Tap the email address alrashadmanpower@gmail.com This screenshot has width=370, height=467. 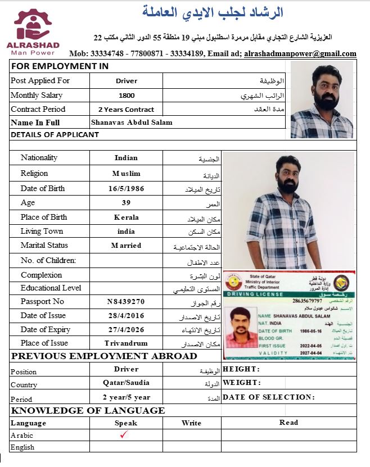coord(300,54)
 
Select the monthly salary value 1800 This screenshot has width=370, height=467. coord(127,96)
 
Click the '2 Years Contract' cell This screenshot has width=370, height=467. coord(126,110)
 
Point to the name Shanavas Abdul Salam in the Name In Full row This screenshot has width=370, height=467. coord(132,123)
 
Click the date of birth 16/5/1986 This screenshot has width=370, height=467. coord(126,189)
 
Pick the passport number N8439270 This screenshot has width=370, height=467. coord(126,302)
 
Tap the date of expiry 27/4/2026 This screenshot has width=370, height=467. coord(126,329)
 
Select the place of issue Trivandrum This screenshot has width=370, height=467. coord(126,343)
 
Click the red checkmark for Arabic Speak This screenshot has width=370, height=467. coord(125,434)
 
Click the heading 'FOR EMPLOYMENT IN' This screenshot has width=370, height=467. coord(60,66)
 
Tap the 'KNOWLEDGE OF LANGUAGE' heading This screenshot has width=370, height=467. coord(88,410)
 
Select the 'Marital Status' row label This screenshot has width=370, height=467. coord(44,246)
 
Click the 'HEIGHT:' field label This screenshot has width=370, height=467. coord(241,369)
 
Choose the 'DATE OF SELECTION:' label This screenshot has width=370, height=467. coord(268,397)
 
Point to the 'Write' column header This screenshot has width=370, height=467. coord(191,423)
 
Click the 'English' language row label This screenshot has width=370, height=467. coord(22,447)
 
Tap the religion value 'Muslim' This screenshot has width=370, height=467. coord(126,174)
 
